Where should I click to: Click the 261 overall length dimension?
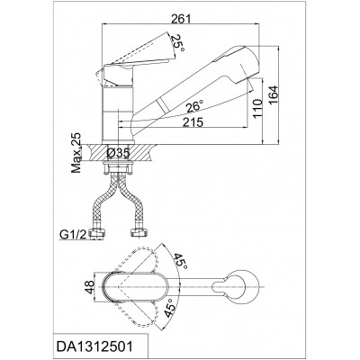pos(181,19)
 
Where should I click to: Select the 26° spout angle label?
pos(194,107)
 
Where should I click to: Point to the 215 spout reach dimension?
pos(193,122)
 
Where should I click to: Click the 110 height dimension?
pos(257,109)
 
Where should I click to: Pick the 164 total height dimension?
pos(274,95)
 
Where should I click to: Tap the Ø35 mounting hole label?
pos(118,154)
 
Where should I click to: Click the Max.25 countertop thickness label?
pos(76,154)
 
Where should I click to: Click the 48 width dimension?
pos(89,287)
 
